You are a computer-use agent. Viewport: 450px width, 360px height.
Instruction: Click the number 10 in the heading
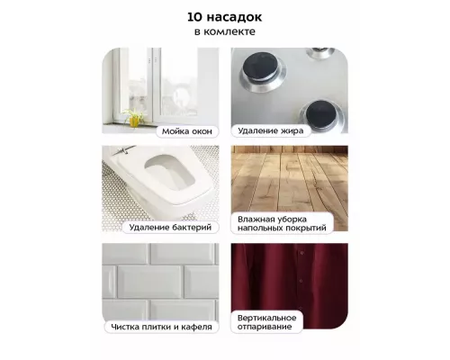[x=194, y=17]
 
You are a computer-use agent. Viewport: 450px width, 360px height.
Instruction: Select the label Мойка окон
[x=187, y=131]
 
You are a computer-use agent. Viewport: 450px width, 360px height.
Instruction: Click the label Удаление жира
[x=271, y=130]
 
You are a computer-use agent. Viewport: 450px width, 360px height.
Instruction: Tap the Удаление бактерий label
[x=170, y=227]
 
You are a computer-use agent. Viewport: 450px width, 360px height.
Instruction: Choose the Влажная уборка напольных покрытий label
[x=282, y=223]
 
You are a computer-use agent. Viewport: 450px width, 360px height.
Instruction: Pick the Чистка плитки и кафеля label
[x=161, y=327]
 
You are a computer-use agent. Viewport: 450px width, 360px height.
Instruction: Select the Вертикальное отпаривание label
[x=266, y=322]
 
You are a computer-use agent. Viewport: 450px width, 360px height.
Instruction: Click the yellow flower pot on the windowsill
[x=134, y=121]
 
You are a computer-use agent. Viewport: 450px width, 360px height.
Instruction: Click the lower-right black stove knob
[x=321, y=114]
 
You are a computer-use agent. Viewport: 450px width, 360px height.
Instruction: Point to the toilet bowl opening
[x=169, y=172]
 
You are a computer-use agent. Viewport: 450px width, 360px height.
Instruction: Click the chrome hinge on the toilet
[x=123, y=149]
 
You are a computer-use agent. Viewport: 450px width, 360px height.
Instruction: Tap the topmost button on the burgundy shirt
[x=301, y=254]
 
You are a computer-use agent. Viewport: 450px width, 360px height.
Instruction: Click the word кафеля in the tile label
[x=197, y=327]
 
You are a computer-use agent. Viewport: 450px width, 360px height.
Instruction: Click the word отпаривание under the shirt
[x=265, y=327]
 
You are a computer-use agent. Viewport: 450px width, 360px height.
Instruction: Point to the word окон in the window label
[x=201, y=131]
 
